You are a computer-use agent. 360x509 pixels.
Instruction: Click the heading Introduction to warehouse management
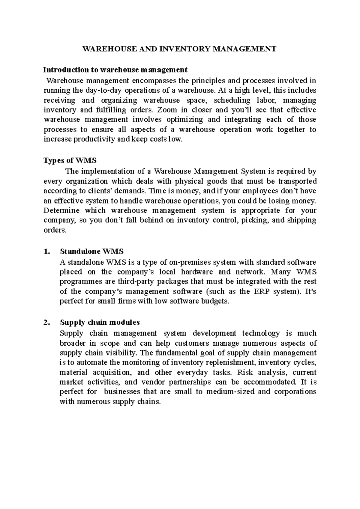[x=115, y=70]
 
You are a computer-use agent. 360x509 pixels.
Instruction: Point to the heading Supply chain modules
[x=100, y=323]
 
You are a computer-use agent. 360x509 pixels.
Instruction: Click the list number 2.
[x=46, y=323]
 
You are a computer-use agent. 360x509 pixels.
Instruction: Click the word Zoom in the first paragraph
[x=167, y=110]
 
